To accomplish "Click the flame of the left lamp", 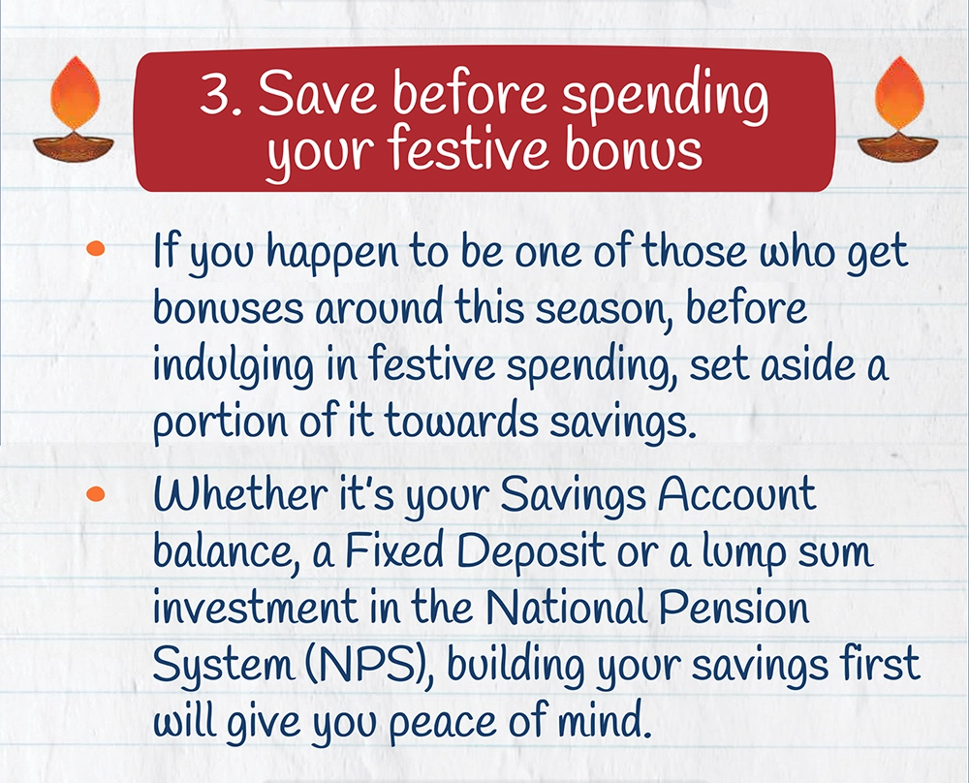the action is (75, 93).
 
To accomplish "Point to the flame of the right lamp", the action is (900, 93).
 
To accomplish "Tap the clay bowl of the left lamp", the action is (74, 148).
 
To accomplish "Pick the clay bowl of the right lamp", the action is (898, 148).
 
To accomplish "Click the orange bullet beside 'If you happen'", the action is (96, 248).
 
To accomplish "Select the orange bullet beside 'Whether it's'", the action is (96, 493).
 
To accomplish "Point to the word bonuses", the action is (228, 308).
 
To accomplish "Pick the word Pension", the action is (734, 609).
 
